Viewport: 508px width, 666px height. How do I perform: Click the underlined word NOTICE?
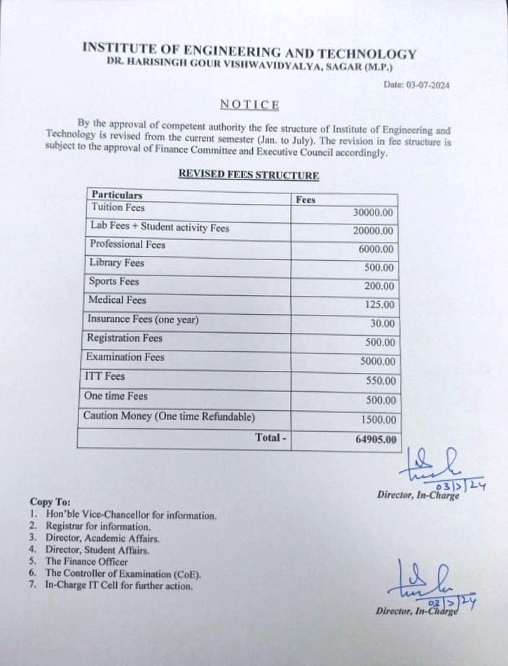coord(249,104)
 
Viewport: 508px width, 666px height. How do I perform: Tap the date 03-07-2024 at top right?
coord(416,85)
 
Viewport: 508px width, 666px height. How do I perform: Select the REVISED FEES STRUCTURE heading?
coord(248,175)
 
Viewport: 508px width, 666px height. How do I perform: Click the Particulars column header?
coord(116,196)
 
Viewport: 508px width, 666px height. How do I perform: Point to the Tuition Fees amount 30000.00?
coord(374,213)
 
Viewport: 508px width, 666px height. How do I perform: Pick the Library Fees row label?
coord(116,263)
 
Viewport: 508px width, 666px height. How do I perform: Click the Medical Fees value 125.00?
coord(380,305)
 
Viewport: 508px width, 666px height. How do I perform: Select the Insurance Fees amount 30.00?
coord(383,324)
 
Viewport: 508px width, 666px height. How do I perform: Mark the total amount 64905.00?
coord(375,440)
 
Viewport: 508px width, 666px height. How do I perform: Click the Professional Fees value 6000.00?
coord(376,249)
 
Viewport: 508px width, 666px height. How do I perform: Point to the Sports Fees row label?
coord(114,282)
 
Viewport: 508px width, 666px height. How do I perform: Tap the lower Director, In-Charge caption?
coord(417,611)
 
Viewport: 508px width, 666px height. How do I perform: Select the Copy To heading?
coord(50,502)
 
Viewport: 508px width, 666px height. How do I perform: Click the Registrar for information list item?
coord(98,526)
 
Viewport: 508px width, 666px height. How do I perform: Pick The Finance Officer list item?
coord(87,562)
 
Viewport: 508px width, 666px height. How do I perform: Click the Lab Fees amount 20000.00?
coord(374,231)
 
